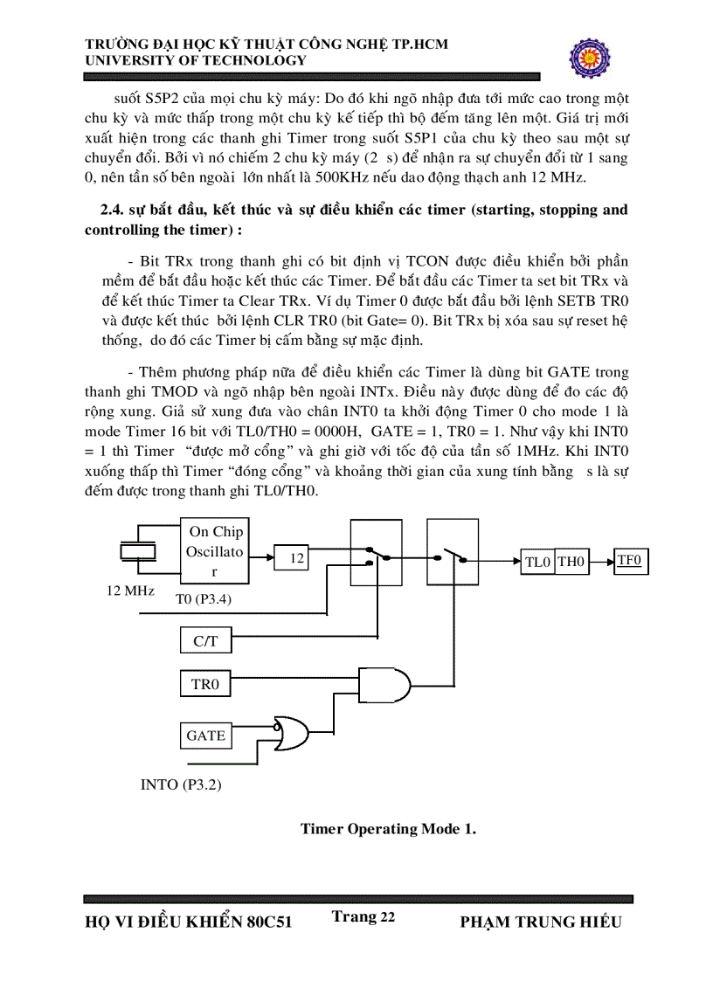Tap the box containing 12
[297, 557]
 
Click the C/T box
[205, 641]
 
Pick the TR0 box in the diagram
[205, 684]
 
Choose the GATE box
[205, 736]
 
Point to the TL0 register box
[537, 562]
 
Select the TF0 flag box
[629, 560]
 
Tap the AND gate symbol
[385, 684]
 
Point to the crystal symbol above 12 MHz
[137, 552]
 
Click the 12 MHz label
[130, 591]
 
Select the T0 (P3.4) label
[204, 598]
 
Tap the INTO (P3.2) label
[181, 784]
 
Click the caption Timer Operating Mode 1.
[388, 828]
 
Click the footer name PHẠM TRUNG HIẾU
[540, 922]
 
